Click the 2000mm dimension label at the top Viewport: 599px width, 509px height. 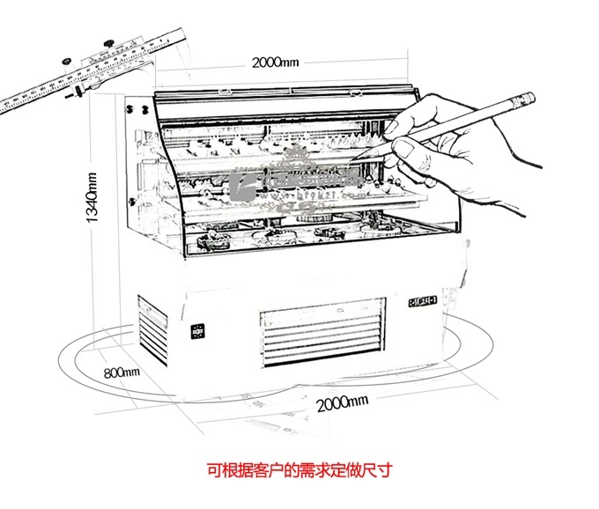point(276,63)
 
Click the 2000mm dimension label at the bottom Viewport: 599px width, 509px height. point(341,402)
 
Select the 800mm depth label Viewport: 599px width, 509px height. point(122,373)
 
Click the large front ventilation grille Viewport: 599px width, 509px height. point(322,332)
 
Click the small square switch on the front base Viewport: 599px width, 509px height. point(198,331)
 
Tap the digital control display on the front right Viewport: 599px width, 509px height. point(422,301)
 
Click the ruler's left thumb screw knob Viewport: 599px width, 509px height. point(66,61)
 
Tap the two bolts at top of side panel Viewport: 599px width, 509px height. point(135,109)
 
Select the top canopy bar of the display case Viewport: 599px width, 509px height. point(286,89)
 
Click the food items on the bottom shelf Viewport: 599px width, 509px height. point(299,233)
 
